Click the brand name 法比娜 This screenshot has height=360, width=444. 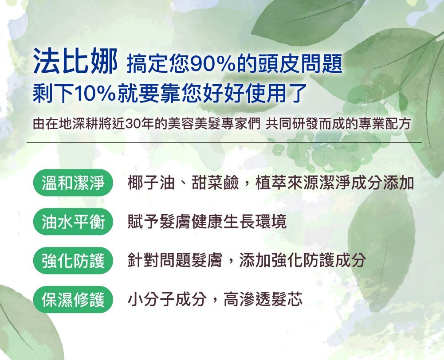pyautogui.click(x=75, y=61)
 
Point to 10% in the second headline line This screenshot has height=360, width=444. pyautogui.click(x=94, y=93)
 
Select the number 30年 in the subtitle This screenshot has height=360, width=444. pyautogui.click(x=140, y=124)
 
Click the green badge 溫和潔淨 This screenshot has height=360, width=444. pyautogui.click(x=73, y=183)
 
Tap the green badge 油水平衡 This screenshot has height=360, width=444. pyautogui.click(x=73, y=221)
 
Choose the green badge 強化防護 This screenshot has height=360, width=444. pyautogui.click(x=73, y=260)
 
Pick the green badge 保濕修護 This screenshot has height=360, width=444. pyautogui.click(x=73, y=299)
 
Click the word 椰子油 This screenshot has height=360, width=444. pyautogui.click(x=151, y=183)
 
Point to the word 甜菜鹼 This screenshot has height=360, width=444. pyautogui.click(x=215, y=183)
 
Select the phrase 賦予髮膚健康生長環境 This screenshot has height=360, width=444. pyautogui.click(x=207, y=221)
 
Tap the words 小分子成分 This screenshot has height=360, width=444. pyautogui.click(x=167, y=299)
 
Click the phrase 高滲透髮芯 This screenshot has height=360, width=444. pyautogui.click(x=263, y=299)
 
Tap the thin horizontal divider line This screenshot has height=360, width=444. pyautogui.click(x=224, y=143)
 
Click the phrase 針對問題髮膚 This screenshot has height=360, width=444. pyautogui.click(x=175, y=260)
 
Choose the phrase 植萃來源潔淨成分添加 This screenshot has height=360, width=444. pyautogui.click(x=335, y=183)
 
